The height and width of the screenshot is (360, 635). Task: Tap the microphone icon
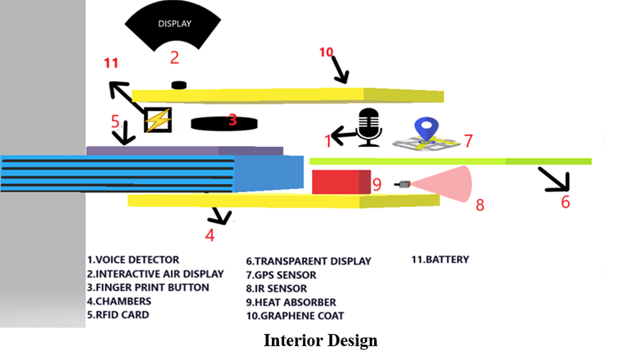369,128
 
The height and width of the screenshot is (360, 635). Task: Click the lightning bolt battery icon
158,120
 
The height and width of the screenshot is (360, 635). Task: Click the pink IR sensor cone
450,184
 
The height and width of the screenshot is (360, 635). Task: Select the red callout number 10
326,52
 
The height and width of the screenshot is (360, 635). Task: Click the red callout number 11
111,64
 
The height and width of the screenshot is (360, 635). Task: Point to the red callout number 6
565,202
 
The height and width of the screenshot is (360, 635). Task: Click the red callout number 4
210,235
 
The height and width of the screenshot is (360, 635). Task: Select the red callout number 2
175,57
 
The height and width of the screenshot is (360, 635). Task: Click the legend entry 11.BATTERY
440,259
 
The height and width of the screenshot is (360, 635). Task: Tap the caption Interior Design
321,340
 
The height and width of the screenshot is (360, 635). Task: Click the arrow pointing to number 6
553,178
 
